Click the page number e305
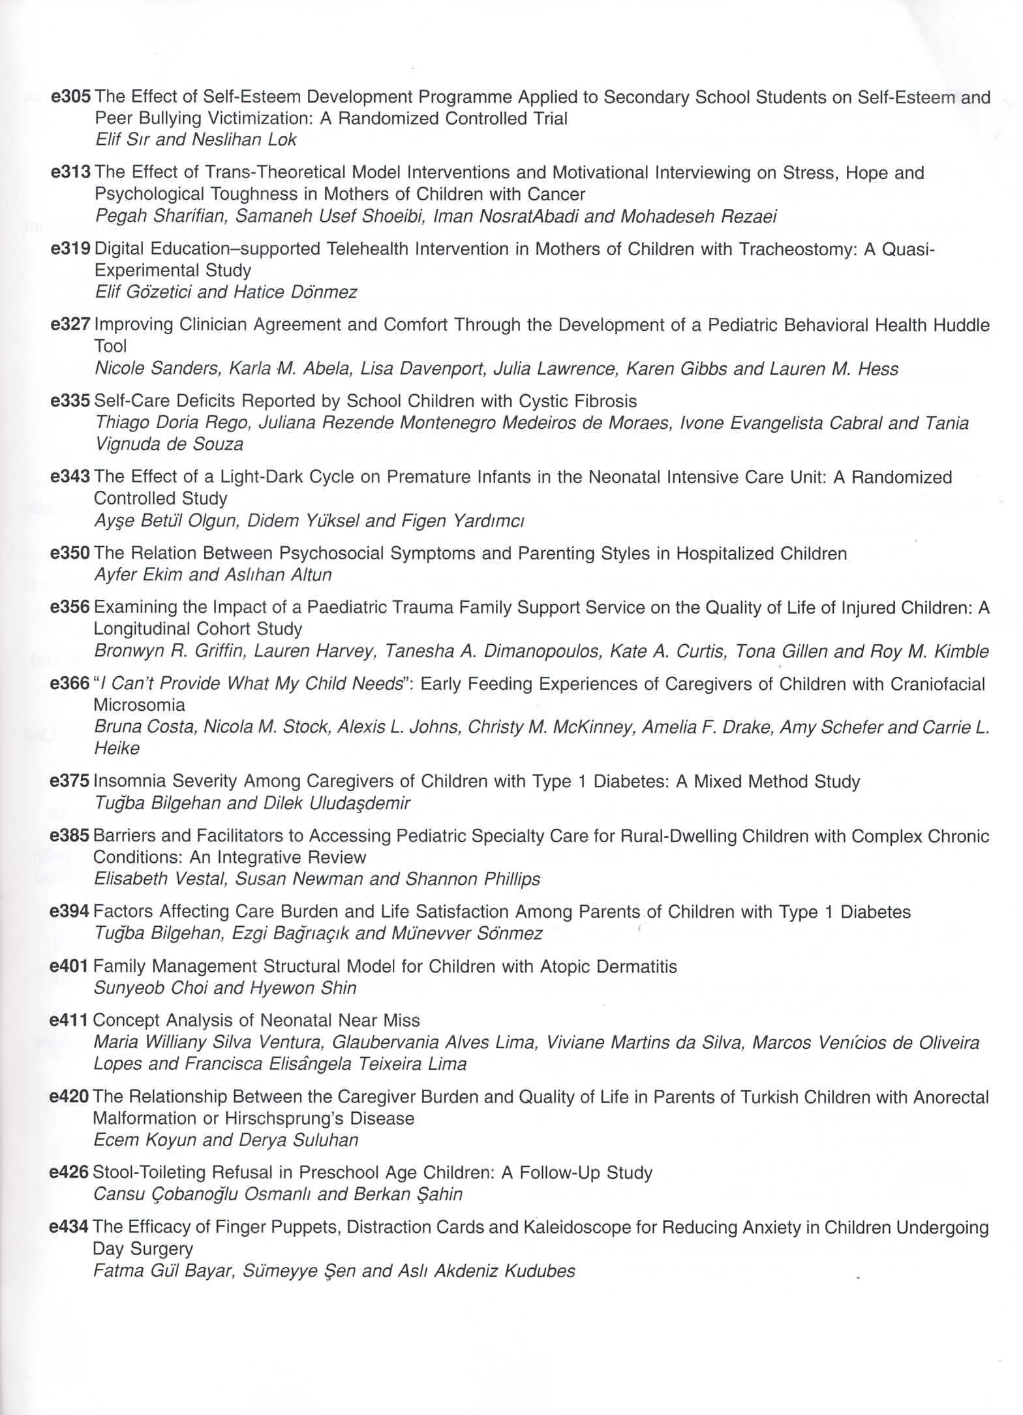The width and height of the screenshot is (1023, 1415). click(70, 97)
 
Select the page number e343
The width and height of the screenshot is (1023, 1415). click(70, 477)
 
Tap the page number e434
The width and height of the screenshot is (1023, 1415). click(69, 1227)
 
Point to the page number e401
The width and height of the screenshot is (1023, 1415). click(69, 966)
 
